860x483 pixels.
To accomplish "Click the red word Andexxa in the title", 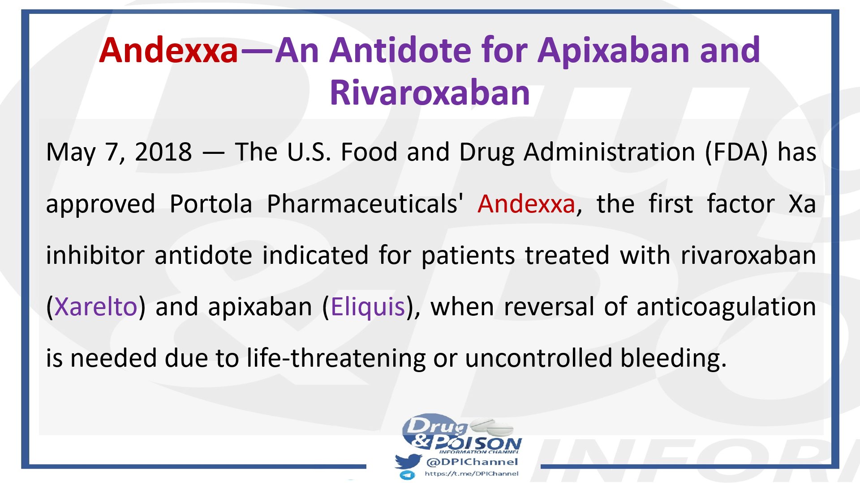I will (168, 50).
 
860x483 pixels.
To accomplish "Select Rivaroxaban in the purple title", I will (430, 93).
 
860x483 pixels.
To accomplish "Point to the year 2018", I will (163, 152).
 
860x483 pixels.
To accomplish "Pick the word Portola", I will (211, 204).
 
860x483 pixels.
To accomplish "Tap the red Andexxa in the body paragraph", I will (526, 204).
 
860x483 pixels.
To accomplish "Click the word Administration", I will (609, 152).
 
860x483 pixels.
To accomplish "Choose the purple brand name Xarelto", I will (96, 307).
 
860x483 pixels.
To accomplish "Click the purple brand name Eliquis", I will (368, 307).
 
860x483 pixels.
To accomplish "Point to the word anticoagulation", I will (726, 307).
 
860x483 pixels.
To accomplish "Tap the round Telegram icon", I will (407, 475).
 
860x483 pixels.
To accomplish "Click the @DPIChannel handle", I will (472, 462).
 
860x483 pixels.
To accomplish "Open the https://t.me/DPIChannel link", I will (471, 474).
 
